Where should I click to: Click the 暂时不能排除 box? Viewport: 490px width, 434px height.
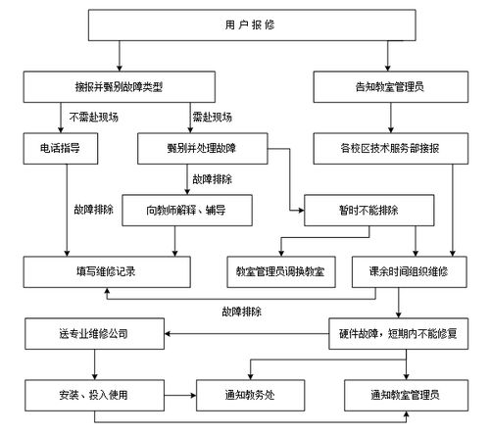tap(367, 210)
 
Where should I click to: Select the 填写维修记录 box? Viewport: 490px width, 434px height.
tap(102, 270)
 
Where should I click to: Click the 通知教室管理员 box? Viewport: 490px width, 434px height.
tap(405, 395)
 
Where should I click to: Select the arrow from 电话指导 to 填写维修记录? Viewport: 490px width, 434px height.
tap(68, 211)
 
